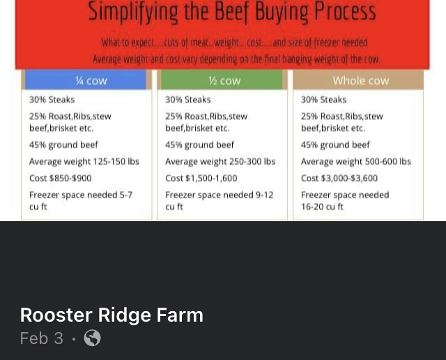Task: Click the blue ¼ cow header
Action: point(85,80)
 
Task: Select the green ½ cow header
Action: point(222,80)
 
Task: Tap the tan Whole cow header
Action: point(358,80)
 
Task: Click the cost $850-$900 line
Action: point(61,179)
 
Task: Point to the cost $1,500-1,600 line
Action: point(201,179)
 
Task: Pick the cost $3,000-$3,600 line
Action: point(339,179)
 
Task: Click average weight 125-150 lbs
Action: point(84,161)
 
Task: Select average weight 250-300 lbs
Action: point(220,161)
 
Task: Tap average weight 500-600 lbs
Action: point(356,161)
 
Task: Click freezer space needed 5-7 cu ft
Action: point(81,200)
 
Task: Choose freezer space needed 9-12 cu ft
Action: point(220,200)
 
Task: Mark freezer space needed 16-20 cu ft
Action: point(345,200)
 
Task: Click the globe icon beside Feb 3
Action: point(92,338)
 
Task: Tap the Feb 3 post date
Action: point(42,338)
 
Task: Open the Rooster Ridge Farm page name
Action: point(111,315)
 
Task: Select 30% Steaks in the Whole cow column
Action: point(323,100)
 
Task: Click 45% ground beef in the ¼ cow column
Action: point(63,145)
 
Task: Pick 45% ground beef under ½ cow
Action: point(200,145)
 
